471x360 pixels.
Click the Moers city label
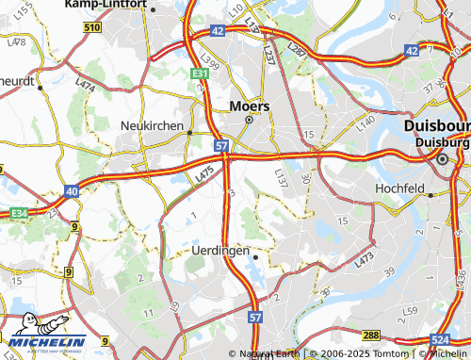click(250, 106)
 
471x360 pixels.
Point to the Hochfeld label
click(401, 188)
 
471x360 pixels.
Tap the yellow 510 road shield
click(91, 28)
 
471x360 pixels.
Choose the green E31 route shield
click(199, 73)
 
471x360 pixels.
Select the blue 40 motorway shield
click(72, 191)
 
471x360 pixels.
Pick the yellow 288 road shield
click(371, 335)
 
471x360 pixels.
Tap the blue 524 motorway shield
click(439, 337)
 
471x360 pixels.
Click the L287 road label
click(298, 48)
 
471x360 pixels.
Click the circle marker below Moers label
click(250, 121)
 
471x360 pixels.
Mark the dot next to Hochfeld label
click(430, 195)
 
